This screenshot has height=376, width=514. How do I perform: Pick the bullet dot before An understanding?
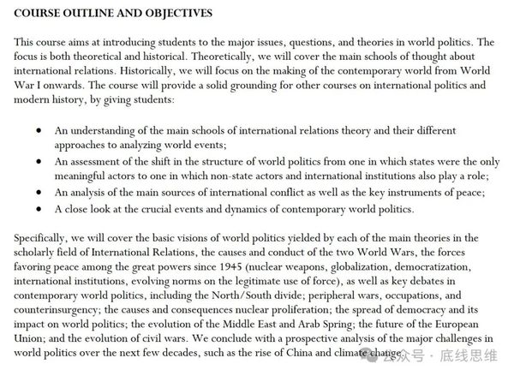[39, 131]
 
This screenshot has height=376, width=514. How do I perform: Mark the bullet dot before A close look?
[39, 207]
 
